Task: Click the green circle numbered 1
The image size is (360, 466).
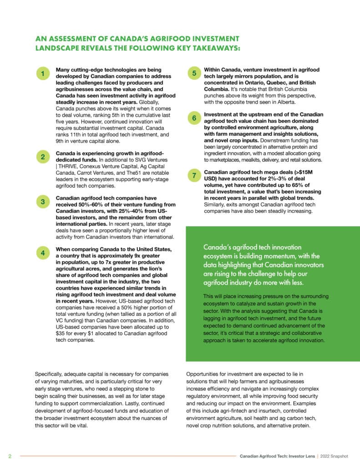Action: click(x=42, y=74)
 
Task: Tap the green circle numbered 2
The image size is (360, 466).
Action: click(x=42, y=157)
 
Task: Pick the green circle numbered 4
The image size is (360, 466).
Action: click(x=42, y=253)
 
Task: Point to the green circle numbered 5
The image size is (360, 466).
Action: click(x=194, y=73)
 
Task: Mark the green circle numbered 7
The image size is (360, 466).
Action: click(x=194, y=176)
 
